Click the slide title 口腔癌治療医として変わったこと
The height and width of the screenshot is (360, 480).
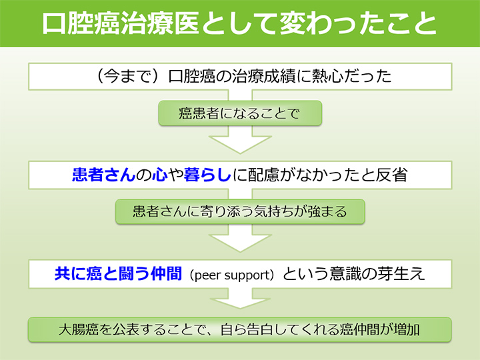tap(239, 23)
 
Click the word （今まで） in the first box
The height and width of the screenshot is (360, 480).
tap(128, 76)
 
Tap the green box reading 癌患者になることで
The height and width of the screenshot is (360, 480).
tap(240, 113)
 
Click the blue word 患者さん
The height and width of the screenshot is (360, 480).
tap(104, 175)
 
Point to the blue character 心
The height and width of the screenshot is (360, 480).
tap(160, 175)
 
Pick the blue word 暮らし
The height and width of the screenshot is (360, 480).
tap(207, 175)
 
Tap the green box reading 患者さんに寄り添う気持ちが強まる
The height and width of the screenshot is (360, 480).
tap(240, 211)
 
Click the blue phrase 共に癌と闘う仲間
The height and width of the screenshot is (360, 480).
tap(118, 273)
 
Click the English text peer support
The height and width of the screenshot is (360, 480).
tap(232, 275)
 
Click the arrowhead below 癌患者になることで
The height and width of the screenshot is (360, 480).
tap(240, 144)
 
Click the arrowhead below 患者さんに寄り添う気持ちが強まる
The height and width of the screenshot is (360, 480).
tap(240, 243)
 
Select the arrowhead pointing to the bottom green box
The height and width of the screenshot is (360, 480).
tap(240, 303)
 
